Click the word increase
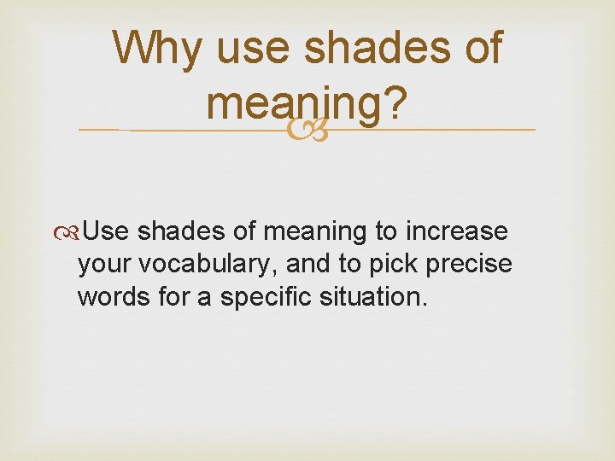click(x=459, y=231)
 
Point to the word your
click(x=103, y=265)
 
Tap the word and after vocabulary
click(x=306, y=265)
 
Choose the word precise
click(x=469, y=265)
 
